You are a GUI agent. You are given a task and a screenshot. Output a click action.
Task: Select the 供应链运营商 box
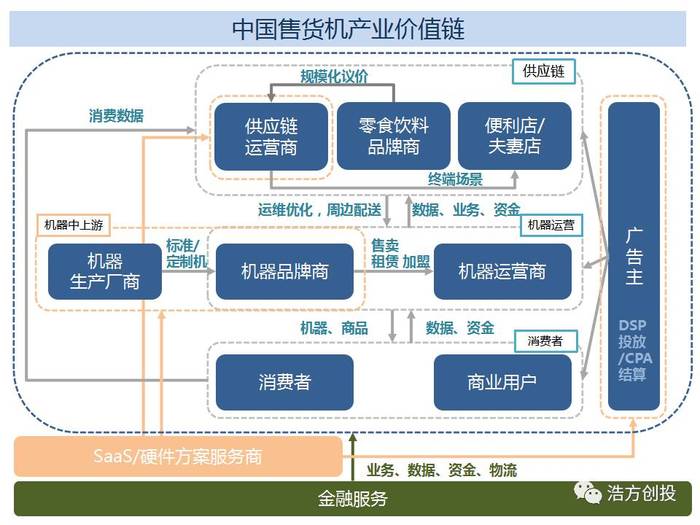(271, 136)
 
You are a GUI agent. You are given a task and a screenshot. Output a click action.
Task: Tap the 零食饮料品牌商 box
(393, 136)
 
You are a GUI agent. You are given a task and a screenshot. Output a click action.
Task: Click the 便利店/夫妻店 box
(514, 136)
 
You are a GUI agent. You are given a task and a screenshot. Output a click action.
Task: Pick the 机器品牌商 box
(285, 271)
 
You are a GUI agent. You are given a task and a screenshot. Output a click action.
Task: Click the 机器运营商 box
(502, 271)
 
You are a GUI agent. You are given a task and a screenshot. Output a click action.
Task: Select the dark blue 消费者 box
(285, 382)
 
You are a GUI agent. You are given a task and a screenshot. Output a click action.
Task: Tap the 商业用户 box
(502, 382)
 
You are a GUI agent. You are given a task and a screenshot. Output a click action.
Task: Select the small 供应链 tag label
(543, 72)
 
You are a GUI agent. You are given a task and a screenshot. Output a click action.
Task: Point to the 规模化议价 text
(335, 77)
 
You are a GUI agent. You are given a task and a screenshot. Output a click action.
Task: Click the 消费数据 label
(116, 115)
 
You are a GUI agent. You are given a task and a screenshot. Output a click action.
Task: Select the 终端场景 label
(455, 180)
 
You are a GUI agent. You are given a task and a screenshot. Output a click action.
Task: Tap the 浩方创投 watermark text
(641, 493)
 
